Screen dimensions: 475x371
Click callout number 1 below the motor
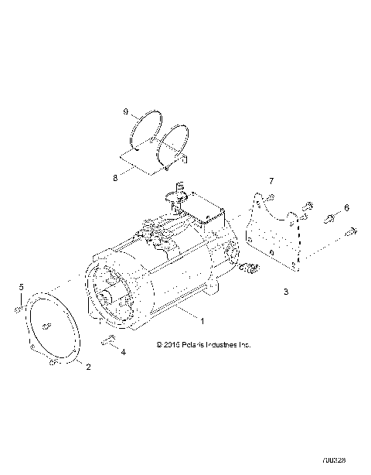coord(203,319)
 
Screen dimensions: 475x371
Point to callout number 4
coord(121,352)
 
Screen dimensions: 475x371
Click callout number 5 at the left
coord(21,288)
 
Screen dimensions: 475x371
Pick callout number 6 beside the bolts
coord(346,208)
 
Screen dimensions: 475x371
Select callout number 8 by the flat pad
coord(116,177)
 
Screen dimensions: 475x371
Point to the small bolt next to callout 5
coord(17,308)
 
